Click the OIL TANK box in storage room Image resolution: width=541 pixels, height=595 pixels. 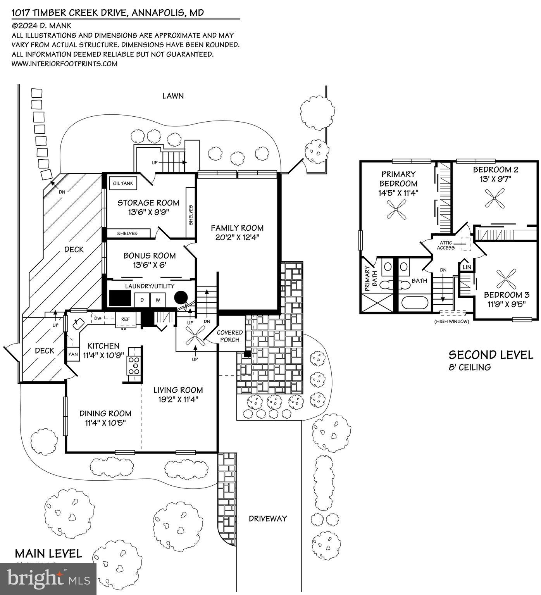coord(123,183)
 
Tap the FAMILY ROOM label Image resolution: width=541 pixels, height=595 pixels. coord(237,228)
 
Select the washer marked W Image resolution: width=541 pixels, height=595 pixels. coord(158,300)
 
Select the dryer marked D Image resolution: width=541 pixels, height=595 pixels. coord(142,300)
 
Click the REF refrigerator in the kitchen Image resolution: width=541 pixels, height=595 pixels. coord(126,319)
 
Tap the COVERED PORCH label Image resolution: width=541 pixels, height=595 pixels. coord(230,336)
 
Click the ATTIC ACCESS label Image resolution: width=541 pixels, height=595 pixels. coord(446,245)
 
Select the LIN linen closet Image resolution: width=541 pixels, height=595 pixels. coord(467,267)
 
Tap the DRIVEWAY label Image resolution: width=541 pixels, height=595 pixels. coord(268,518)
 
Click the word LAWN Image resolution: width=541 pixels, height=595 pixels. coord(173,96)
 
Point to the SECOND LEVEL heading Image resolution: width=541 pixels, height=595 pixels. coord(491,355)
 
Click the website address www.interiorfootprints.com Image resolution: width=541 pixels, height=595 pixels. coord(64,64)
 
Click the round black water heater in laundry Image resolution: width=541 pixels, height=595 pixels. coord(181,298)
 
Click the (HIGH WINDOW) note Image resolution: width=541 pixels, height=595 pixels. coord(451,321)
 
